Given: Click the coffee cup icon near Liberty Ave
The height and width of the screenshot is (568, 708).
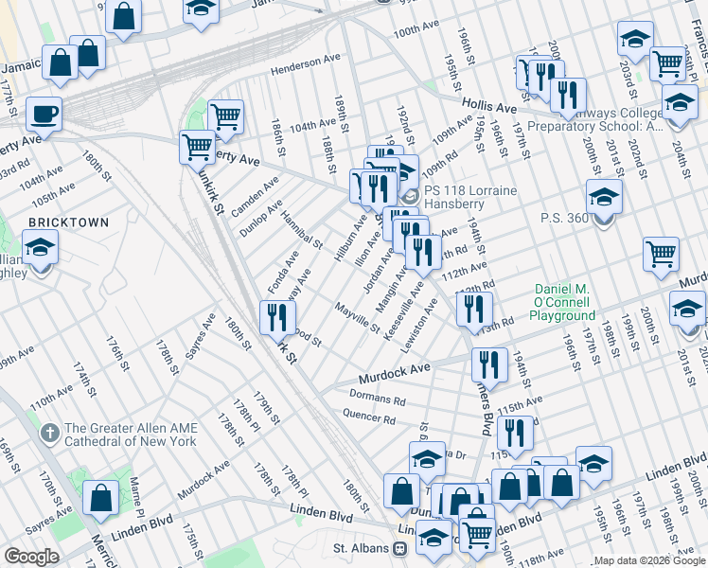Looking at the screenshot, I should (x=44, y=115).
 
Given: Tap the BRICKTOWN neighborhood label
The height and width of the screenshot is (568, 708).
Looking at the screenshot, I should (x=68, y=222).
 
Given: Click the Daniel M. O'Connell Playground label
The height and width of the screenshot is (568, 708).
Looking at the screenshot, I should (x=565, y=301).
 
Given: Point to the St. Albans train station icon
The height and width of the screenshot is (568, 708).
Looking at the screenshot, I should (x=400, y=548).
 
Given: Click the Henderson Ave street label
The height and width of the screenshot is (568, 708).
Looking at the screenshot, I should (x=305, y=71).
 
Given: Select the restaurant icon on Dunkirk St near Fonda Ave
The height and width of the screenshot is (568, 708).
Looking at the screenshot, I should (x=276, y=317).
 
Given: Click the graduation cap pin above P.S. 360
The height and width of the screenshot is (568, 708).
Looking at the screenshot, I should (x=604, y=198).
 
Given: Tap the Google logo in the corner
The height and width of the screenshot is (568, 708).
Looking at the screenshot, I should (x=32, y=557).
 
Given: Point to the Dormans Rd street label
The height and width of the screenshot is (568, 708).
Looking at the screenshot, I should (x=377, y=399).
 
